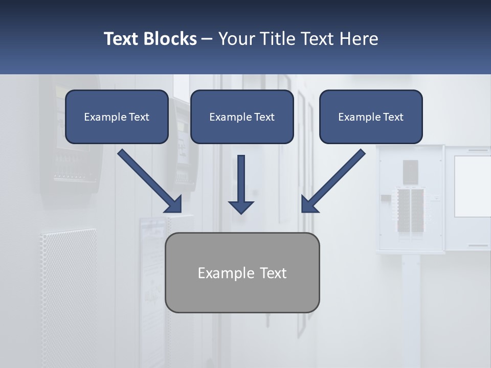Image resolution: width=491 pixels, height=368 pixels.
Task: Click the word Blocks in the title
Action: [x=171, y=39]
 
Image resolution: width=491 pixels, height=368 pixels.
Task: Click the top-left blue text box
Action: [x=117, y=117]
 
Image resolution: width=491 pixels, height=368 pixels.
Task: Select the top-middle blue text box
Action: [x=242, y=117]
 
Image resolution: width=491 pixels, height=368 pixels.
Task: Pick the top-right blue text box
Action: [x=371, y=117]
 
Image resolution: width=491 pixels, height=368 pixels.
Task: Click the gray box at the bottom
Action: [x=242, y=272]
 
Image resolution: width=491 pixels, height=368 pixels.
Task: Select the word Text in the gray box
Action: [x=273, y=273]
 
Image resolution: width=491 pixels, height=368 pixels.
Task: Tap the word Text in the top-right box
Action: [x=393, y=117]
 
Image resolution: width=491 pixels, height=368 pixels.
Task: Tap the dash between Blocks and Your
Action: [x=207, y=39]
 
